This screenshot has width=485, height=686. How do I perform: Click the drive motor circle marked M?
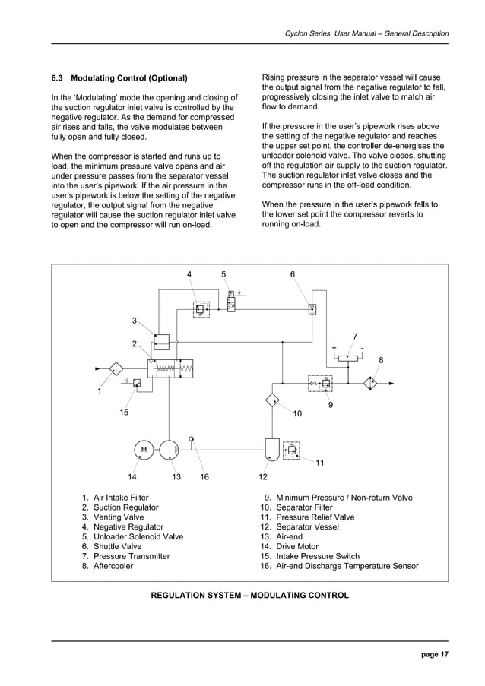tap(143, 450)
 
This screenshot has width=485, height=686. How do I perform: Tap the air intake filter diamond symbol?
tap(116, 369)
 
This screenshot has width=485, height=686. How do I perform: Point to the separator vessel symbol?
tap(271, 449)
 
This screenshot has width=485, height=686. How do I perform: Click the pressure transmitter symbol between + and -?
tap(348, 358)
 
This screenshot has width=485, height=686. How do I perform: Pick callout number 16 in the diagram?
tap(204, 477)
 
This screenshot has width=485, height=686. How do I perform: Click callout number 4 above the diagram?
tap(190, 273)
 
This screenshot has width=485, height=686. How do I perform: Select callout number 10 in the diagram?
tap(297, 413)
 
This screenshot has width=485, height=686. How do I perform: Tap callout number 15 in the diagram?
tap(123, 412)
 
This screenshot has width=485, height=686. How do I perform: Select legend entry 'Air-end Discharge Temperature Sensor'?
tap(347, 566)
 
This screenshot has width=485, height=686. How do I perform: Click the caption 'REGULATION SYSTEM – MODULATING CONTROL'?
tap(250, 595)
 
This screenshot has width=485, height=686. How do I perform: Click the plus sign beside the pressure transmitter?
tap(334, 349)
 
